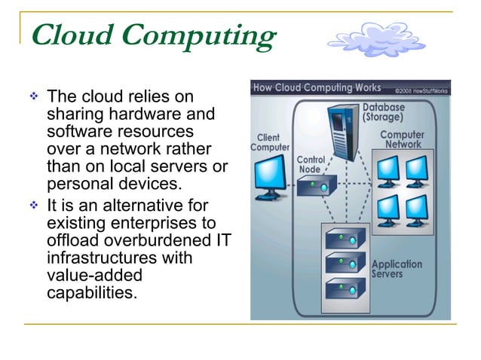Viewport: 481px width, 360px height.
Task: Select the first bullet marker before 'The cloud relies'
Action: [x=32, y=98]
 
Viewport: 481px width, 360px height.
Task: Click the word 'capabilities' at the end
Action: [x=92, y=292]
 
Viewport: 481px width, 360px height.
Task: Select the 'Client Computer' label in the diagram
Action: [x=269, y=142]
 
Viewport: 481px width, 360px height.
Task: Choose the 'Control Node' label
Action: [x=311, y=165]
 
